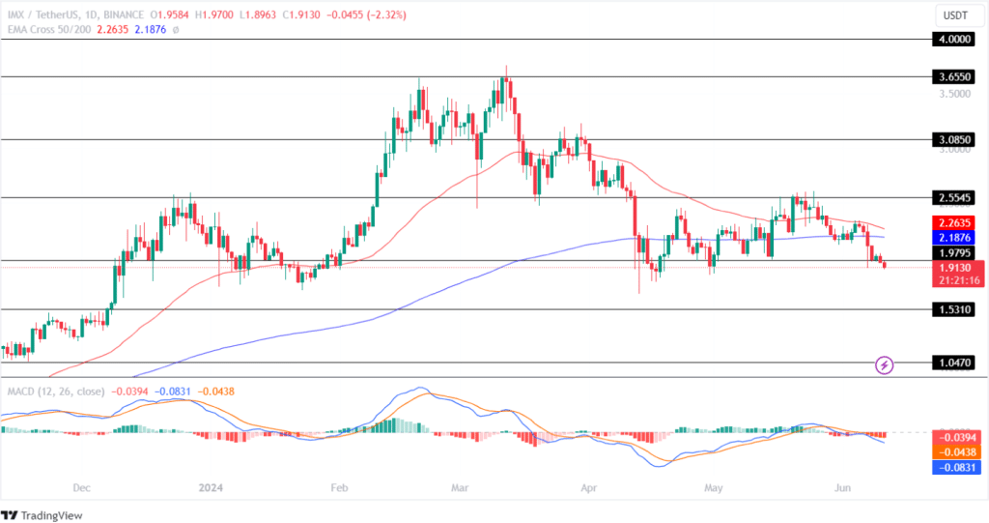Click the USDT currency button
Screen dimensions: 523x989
point(955,15)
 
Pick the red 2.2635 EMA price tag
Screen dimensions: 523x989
point(956,221)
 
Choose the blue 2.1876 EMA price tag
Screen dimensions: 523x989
point(956,237)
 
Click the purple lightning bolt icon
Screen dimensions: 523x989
point(884,365)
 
